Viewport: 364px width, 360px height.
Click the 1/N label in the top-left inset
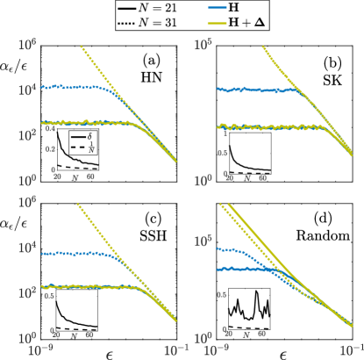[87, 150]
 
